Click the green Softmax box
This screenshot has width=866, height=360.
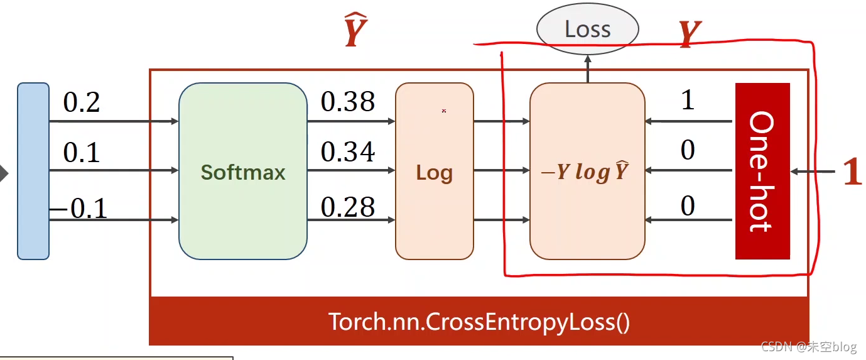point(242,171)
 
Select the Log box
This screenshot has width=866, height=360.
point(434,171)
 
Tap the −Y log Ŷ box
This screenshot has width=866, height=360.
point(587,171)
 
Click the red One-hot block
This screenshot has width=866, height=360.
point(762,171)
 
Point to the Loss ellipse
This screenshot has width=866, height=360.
point(587,29)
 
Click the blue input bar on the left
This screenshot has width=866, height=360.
point(33,171)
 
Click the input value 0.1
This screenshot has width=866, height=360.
point(82,153)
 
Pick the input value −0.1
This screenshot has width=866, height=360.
point(78,208)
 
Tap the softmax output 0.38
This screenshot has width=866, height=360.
point(347,102)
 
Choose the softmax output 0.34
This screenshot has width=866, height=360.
point(347,152)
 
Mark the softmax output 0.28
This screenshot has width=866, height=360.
point(347,207)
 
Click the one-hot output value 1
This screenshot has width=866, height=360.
point(688,100)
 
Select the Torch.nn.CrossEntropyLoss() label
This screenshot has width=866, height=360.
point(479,322)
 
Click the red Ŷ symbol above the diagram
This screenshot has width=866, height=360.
point(355,33)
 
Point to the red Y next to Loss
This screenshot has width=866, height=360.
point(690,35)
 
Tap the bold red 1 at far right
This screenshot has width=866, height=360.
point(852,172)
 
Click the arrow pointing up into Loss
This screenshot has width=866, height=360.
point(588,68)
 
